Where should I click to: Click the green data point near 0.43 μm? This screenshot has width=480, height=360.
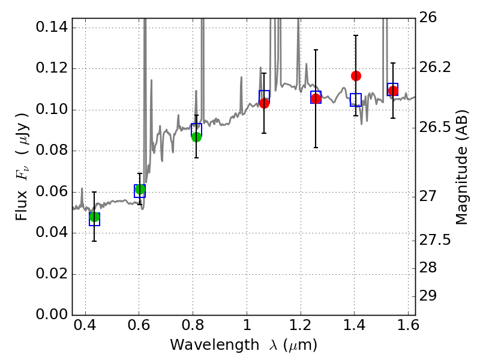click(x=94, y=217)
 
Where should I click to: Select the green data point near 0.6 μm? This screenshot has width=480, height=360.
click(x=140, y=190)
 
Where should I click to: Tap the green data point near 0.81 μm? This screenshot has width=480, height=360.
click(x=196, y=137)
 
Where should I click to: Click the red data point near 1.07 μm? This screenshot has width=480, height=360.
click(x=264, y=103)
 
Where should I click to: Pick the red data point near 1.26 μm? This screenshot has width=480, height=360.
click(x=316, y=98)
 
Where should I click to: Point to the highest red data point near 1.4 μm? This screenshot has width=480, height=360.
click(x=356, y=76)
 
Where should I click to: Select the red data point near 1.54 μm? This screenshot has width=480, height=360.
click(x=393, y=91)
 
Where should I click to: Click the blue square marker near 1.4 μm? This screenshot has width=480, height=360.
click(x=356, y=100)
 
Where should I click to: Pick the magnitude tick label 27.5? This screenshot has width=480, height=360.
click(x=437, y=240)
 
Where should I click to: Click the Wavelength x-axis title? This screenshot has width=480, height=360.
click(x=243, y=346)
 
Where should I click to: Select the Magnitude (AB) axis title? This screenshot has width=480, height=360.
click(x=461, y=168)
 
